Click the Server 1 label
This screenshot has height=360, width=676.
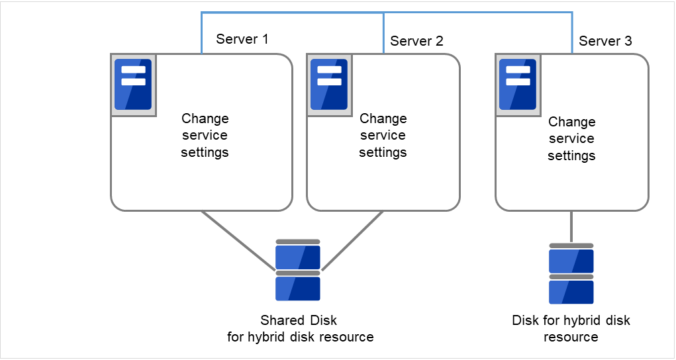coord(242,39)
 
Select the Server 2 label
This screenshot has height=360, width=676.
coord(416,41)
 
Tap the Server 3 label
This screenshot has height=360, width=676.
coord(605,41)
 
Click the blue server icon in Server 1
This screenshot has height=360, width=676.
coord(133,85)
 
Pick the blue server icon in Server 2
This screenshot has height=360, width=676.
coord(329,85)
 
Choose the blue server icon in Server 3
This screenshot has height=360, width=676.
coord(517,85)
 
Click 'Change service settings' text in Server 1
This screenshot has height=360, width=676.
coord(205,135)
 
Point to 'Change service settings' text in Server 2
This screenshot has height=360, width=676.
coord(383,135)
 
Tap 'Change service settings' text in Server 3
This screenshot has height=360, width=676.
coord(572,138)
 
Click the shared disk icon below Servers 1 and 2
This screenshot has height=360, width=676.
coord(298,271)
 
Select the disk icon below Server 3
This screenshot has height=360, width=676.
coord(571,274)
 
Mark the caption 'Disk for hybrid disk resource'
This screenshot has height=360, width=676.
coord(571,329)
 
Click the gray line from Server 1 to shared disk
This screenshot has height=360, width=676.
coord(238,240)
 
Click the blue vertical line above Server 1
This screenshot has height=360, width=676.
coord(201,33)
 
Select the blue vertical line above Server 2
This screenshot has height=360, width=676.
coord(384,33)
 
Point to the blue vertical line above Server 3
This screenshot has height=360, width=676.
coord(572,33)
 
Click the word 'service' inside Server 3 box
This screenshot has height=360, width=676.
coord(572,139)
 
